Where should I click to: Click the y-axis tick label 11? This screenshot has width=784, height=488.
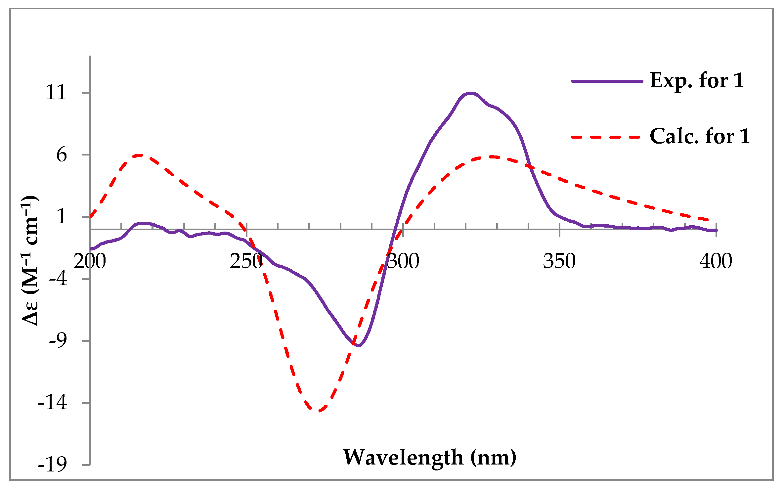pyautogui.click(x=56, y=92)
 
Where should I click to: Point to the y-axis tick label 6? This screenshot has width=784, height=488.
pyautogui.click(x=62, y=155)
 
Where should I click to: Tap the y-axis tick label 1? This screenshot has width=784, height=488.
pyautogui.click(x=62, y=217)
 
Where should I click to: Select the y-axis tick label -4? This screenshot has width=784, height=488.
pyautogui.click(x=58, y=279)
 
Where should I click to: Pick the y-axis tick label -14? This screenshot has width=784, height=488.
pyautogui.click(x=53, y=403)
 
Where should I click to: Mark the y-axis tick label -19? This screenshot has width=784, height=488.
pyautogui.click(x=53, y=465)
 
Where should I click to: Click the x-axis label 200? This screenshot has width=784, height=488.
pyautogui.click(x=90, y=261)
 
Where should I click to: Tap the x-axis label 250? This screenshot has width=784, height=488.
pyautogui.click(x=246, y=261)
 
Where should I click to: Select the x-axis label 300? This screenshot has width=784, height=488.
pyautogui.click(x=403, y=261)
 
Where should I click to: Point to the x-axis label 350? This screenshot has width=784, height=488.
pyautogui.click(x=559, y=261)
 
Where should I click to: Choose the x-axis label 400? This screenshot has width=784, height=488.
pyautogui.click(x=716, y=261)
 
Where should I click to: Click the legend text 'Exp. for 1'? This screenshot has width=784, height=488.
pyautogui.click(x=697, y=80)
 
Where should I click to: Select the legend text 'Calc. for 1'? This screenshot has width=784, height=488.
pyautogui.click(x=700, y=136)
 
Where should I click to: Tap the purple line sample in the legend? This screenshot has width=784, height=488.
pyautogui.click(x=607, y=81)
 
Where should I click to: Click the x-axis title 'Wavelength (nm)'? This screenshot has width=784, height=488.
pyautogui.click(x=429, y=457)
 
